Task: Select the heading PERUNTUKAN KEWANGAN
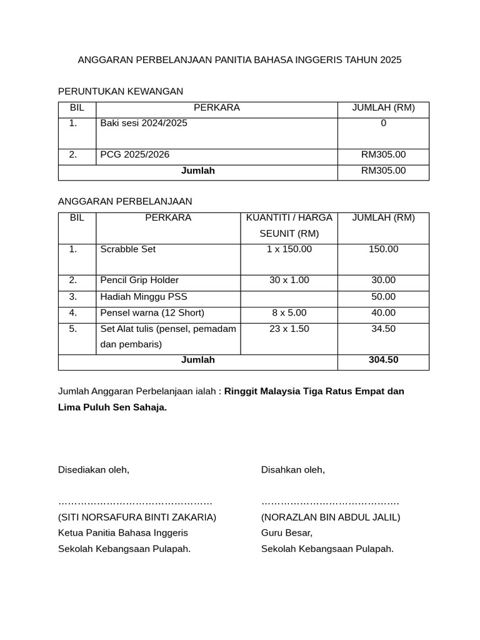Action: click(121, 91)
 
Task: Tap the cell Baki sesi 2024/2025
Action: click(144, 123)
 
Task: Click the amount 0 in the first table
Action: click(383, 123)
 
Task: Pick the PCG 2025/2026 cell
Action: click(135, 154)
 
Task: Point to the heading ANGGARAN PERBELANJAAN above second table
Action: click(125, 201)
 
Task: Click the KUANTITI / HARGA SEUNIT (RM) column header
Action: click(289, 226)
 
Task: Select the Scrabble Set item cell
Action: click(128, 249)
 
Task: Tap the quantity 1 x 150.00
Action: click(289, 249)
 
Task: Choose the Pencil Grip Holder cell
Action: click(139, 280)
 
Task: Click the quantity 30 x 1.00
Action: click(289, 280)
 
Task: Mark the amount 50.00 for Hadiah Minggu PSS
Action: click(383, 296)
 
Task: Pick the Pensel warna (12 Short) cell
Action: click(152, 312)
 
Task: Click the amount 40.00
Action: click(383, 312)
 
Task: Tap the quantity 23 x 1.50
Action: click(289, 329)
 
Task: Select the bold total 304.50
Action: click(383, 359)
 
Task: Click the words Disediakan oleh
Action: click(94, 469)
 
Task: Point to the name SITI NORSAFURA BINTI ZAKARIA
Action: click(137, 517)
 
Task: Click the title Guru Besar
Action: click(287, 532)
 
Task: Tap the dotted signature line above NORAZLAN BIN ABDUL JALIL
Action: click(330, 502)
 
